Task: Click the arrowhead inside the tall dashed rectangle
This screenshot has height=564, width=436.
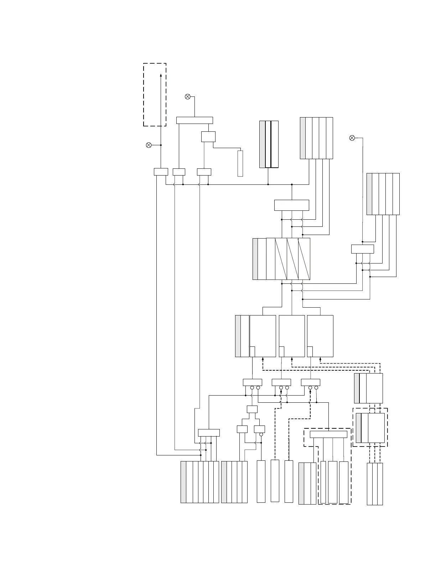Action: point(161,75)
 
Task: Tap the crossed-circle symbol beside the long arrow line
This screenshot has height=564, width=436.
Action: point(149,145)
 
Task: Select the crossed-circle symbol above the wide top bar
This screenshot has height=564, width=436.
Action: point(188,96)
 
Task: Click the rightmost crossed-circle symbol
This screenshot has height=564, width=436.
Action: point(352,138)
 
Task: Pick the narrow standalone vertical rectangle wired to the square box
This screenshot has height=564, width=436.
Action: point(240,163)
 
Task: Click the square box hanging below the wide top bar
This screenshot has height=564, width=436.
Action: point(208,137)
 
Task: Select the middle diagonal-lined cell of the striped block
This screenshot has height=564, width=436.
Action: point(292,258)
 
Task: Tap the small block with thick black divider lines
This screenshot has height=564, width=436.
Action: point(269,144)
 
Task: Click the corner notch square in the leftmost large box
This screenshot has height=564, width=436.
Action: point(252,351)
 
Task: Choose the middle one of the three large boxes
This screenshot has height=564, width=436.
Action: point(292,336)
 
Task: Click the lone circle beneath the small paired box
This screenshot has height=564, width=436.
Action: point(261,434)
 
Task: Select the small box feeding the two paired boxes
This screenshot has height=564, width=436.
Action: point(252,409)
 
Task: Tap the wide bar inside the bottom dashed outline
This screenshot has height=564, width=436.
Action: point(328,434)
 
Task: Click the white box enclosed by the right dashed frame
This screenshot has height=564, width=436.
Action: point(376,428)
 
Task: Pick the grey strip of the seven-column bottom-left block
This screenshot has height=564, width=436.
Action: point(183,482)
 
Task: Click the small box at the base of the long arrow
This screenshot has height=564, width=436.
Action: point(161,172)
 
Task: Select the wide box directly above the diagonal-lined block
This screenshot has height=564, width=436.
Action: point(292,205)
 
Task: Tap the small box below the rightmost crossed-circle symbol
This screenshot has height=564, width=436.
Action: point(362,249)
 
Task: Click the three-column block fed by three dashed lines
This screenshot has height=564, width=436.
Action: point(375,484)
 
